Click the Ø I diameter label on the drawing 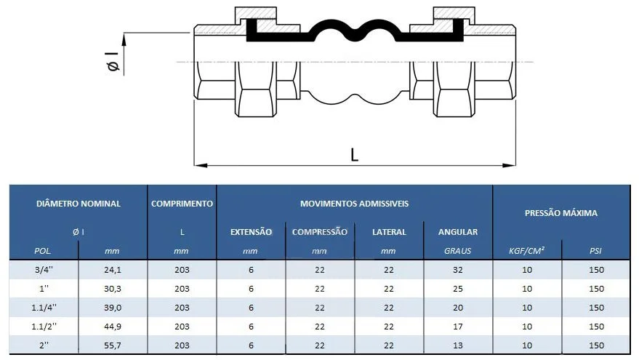click(x=113, y=62)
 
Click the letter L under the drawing click(x=354, y=155)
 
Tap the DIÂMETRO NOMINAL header click(x=79, y=204)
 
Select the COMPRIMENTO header click(x=182, y=204)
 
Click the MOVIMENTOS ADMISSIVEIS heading click(x=354, y=204)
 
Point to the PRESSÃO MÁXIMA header click(x=560, y=213)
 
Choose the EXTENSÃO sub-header click(x=251, y=232)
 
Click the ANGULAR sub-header click(x=458, y=232)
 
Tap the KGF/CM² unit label click(x=526, y=251)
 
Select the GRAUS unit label click(x=458, y=251)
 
